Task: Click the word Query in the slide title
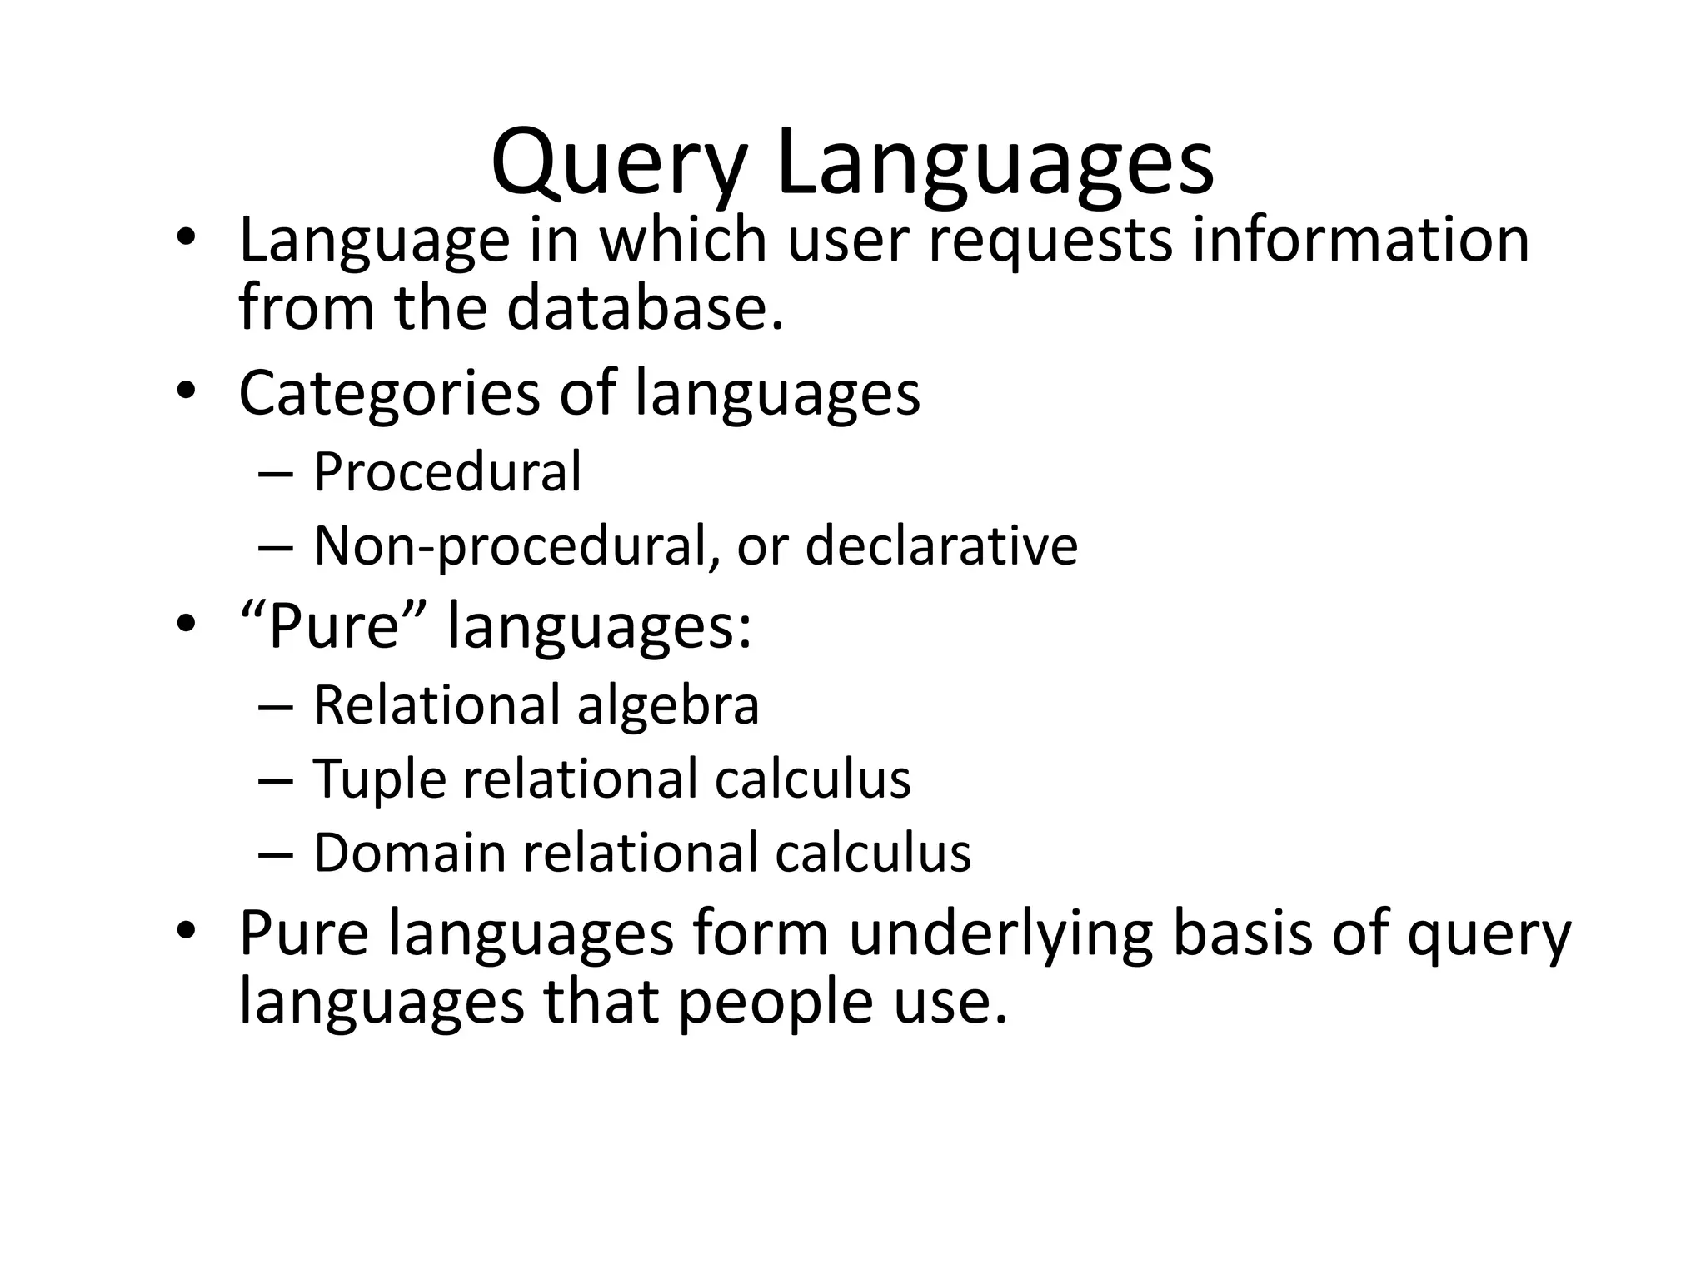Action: pos(616,165)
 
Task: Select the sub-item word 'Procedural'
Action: pos(447,472)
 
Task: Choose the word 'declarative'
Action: pos(941,546)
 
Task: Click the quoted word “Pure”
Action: pos(333,625)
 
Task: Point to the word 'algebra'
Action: pos(668,705)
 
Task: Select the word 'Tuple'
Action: pos(380,780)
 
